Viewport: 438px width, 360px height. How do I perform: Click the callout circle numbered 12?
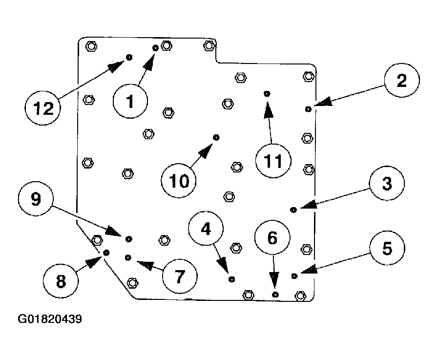pyautogui.click(x=42, y=107)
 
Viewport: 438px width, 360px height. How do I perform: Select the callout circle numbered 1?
pyautogui.click(x=130, y=102)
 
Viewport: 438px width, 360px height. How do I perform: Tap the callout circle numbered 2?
pyautogui.click(x=401, y=81)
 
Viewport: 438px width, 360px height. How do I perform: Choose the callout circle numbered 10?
pyautogui.click(x=179, y=181)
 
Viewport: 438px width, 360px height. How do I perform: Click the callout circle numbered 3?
pyautogui.click(x=386, y=184)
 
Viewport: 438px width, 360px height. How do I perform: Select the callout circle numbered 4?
pyautogui.click(x=207, y=229)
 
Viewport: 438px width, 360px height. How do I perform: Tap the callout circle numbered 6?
pyautogui.click(x=272, y=238)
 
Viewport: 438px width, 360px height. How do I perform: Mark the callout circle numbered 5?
pyautogui.click(x=386, y=249)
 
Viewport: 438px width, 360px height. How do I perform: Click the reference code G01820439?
pyautogui.click(x=50, y=319)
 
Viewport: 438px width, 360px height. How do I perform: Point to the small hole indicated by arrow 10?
pyautogui.click(x=216, y=138)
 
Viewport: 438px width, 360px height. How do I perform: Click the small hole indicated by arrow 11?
pyautogui.click(x=267, y=93)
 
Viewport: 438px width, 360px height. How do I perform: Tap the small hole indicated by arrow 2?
pyautogui.click(x=308, y=109)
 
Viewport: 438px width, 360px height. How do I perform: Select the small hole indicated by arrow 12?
pyautogui.click(x=129, y=57)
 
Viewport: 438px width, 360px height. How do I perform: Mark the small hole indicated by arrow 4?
pyautogui.click(x=232, y=279)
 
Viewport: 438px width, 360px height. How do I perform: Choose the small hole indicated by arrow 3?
pyautogui.click(x=293, y=210)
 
